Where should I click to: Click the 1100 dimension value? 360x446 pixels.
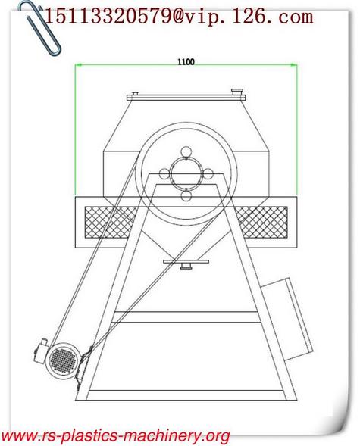click(186, 61)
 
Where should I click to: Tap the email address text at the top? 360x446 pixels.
click(179, 16)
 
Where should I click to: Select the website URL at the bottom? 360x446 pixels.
click(115, 435)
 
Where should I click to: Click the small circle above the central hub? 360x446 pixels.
click(186, 152)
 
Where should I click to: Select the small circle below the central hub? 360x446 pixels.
click(186, 196)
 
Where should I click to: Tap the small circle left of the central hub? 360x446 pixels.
click(164, 174)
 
